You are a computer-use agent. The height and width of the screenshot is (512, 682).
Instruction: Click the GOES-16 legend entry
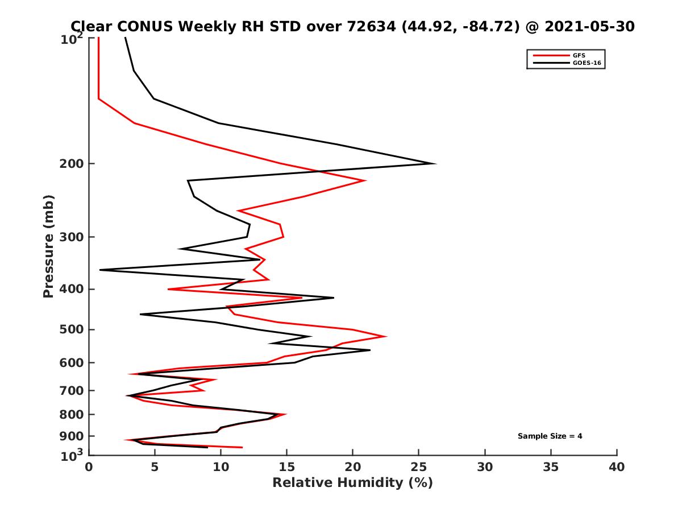click(x=585, y=63)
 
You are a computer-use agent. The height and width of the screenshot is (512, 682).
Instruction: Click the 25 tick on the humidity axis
click(x=419, y=467)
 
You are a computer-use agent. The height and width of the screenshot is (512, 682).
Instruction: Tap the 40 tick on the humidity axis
click(x=617, y=467)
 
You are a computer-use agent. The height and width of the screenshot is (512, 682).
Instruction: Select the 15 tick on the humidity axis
click(x=286, y=467)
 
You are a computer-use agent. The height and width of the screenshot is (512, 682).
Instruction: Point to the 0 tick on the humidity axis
click(x=89, y=467)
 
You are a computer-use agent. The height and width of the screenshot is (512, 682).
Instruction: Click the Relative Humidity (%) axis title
click(x=352, y=483)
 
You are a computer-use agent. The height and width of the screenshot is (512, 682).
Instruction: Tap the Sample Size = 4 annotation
click(x=550, y=436)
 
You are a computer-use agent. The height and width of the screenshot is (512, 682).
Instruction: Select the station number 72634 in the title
click(x=371, y=26)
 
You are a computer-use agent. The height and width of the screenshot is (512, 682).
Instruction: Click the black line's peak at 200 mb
click(x=435, y=164)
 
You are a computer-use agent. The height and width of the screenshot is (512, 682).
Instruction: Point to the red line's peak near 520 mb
click(x=386, y=336)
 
